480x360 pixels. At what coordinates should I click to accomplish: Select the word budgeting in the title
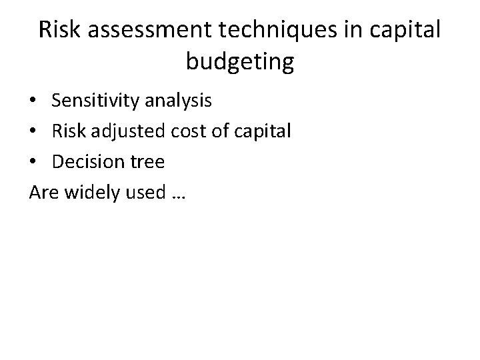(x=240, y=61)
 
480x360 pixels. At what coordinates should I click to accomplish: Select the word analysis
(x=179, y=101)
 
